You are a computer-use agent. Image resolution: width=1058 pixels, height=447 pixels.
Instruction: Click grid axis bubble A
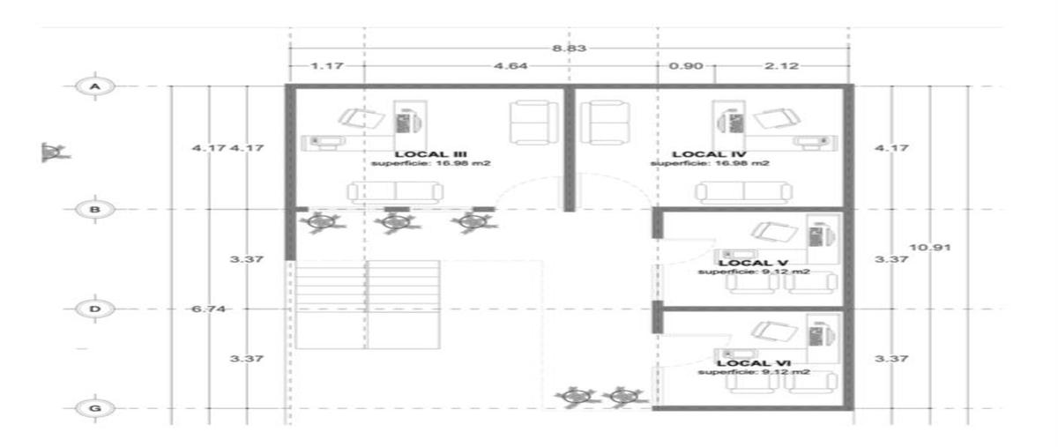[x=95, y=86]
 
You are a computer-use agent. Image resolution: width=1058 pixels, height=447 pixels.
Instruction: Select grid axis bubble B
[x=95, y=209]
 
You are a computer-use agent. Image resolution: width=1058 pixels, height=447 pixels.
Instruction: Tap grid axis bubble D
[x=95, y=309]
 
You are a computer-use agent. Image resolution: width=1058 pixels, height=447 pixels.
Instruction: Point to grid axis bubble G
[x=95, y=408]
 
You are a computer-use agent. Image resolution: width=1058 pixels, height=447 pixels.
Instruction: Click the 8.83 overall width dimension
[x=570, y=48]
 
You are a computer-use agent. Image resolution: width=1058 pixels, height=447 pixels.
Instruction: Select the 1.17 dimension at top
[x=327, y=65]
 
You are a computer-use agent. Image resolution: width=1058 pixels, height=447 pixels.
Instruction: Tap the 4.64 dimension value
[x=510, y=65]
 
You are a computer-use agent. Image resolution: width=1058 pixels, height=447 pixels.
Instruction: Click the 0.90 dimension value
[x=686, y=65]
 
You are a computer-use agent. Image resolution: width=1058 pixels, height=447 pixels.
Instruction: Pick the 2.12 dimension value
[x=782, y=65]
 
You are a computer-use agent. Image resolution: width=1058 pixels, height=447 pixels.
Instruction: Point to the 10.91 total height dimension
[x=930, y=247]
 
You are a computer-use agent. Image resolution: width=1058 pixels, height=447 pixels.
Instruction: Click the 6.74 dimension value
[x=208, y=309]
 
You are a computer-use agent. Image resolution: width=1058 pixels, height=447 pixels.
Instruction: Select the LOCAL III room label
[x=431, y=154]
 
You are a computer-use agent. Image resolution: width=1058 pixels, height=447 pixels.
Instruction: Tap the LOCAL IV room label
[x=710, y=154]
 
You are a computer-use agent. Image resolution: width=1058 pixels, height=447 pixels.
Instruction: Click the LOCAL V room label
[x=753, y=264]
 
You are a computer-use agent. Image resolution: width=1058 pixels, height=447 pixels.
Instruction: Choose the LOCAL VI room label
[x=754, y=363]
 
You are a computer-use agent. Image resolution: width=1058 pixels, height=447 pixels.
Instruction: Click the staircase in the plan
[x=368, y=305]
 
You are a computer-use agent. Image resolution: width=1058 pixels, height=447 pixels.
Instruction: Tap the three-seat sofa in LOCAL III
[x=395, y=192]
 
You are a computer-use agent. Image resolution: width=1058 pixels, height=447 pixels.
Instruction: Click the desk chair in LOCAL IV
[x=777, y=118]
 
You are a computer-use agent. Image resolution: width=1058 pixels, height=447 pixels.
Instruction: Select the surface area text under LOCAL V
[x=754, y=272]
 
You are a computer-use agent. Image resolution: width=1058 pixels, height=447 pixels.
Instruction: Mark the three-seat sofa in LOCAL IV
[x=744, y=192]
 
